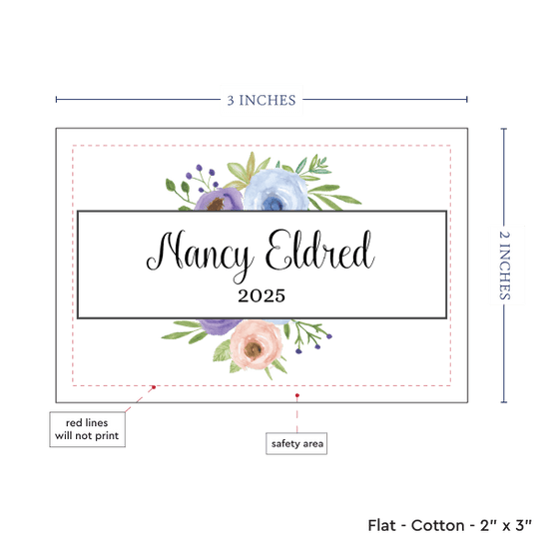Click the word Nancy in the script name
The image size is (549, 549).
[x=200, y=255]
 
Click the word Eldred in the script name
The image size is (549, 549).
[x=319, y=250]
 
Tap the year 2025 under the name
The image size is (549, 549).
[x=262, y=295]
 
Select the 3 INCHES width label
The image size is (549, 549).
[x=262, y=100]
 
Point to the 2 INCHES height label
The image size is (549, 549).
[x=504, y=266]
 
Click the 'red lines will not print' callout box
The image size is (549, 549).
[x=87, y=429]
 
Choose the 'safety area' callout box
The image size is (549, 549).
[x=296, y=443]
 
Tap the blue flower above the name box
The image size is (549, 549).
[x=275, y=190]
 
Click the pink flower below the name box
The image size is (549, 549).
[x=256, y=345]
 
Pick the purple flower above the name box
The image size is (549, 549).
[x=219, y=200]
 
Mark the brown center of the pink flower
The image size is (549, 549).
[x=254, y=349]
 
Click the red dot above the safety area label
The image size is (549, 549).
[x=297, y=395]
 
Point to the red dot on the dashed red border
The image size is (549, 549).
[x=154, y=387]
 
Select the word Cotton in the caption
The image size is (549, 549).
[x=437, y=525]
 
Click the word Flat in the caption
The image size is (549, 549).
[x=381, y=525]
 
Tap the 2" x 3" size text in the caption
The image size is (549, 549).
[x=506, y=525]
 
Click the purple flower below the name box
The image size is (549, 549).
[x=220, y=326]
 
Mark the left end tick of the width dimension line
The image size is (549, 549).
[x=56, y=100]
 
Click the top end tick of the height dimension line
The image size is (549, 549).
[x=504, y=129]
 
